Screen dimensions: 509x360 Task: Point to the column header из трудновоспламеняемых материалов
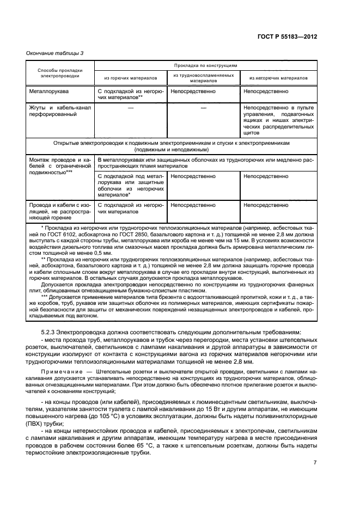(x=204, y=77)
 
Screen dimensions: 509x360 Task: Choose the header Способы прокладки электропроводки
(x=60, y=73)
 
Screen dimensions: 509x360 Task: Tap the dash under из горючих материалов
(x=130, y=108)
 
